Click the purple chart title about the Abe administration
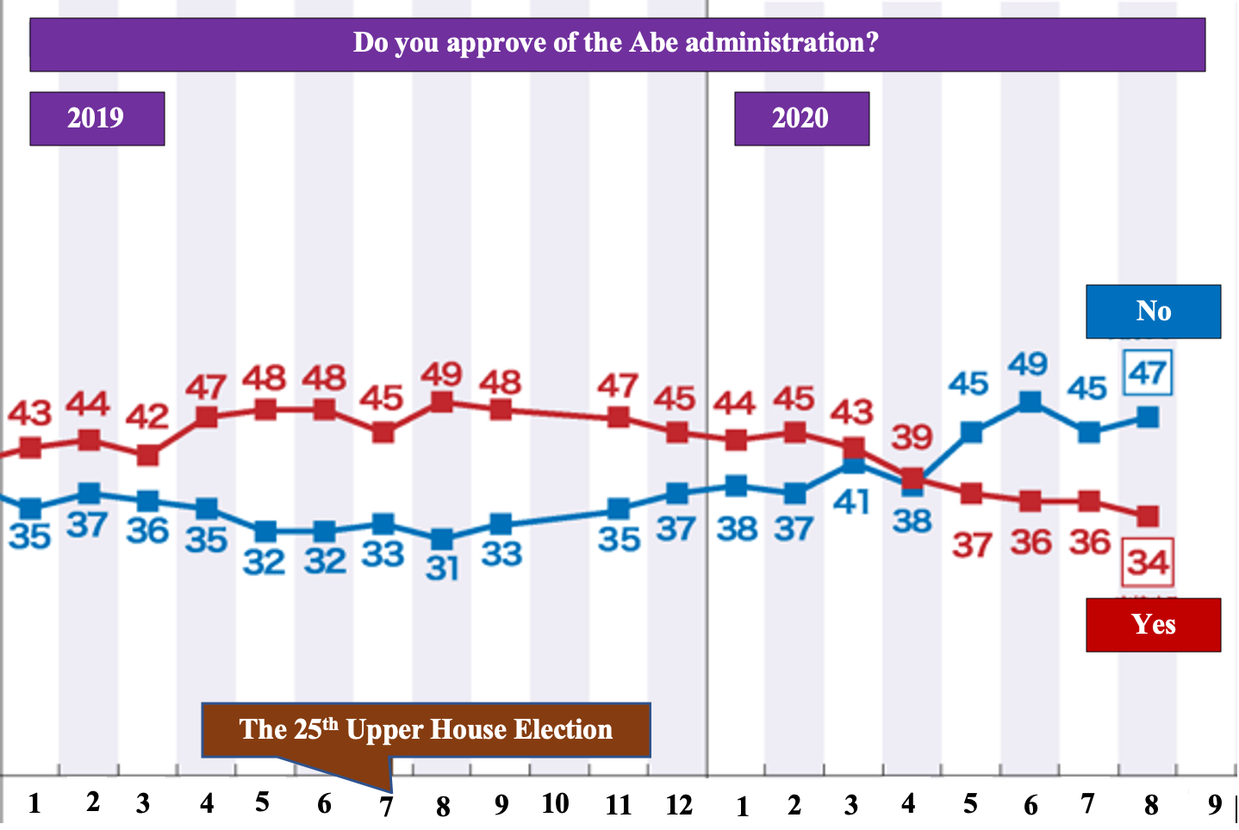click(617, 43)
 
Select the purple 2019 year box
click(97, 118)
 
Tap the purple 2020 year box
click(801, 118)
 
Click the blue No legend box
click(1153, 311)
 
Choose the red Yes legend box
click(1153, 624)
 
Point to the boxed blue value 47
click(1148, 374)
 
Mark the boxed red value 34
click(1149, 562)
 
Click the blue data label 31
click(442, 567)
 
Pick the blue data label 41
click(852, 502)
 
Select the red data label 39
click(912, 437)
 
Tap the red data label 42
click(147, 417)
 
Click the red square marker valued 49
click(442, 401)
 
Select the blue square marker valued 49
click(1030, 401)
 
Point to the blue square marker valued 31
click(442, 539)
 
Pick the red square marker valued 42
click(147, 455)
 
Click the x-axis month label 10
click(556, 803)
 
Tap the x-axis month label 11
click(619, 805)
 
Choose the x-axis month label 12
click(679, 805)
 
